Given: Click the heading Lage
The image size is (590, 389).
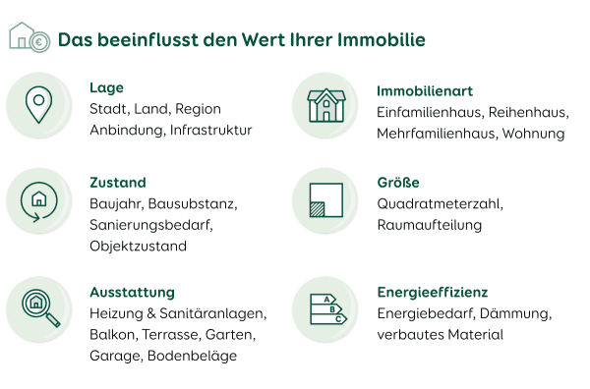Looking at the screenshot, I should tap(106, 87).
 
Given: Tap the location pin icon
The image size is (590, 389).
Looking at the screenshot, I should tap(38, 104).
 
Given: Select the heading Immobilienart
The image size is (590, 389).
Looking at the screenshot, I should tap(424, 90).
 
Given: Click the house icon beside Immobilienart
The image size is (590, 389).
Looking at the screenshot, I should tap(325, 104).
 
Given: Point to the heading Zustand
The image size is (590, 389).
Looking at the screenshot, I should tap(117, 182).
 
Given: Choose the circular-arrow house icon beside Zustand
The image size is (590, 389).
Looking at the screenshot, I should tap(38, 199).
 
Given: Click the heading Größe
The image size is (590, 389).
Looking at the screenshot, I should tap(398, 182).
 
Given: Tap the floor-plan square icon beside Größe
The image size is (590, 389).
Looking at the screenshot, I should tap(325, 199).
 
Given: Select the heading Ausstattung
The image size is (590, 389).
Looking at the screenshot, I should tap(132, 292).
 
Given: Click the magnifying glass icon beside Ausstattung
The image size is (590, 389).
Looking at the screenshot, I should tap(39, 308).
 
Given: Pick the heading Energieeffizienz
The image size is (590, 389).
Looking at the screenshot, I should tap(433, 292).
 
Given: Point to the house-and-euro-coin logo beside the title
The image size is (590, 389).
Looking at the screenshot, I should tap(29, 37).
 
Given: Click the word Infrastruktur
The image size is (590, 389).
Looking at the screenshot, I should tap(210, 130).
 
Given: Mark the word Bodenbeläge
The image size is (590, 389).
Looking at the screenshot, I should tap(192, 356).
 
